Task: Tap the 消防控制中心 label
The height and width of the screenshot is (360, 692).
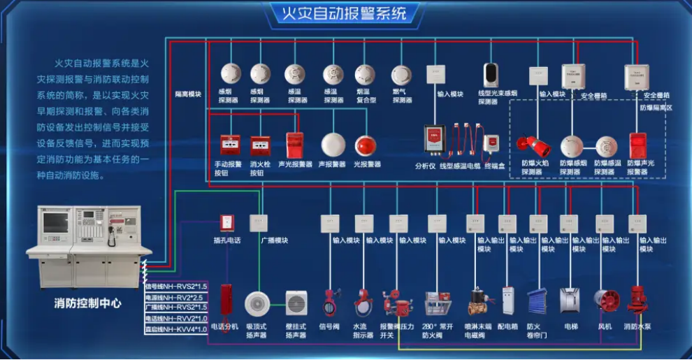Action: tap(87, 303)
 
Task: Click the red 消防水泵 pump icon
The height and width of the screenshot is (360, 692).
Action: tap(636, 300)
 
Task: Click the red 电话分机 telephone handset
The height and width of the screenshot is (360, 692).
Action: tap(226, 300)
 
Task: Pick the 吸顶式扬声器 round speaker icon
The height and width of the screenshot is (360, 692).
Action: tap(257, 303)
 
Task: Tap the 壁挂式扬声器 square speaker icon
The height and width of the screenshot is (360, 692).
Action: tap(296, 303)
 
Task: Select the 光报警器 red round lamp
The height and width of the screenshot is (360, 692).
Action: tap(366, 145)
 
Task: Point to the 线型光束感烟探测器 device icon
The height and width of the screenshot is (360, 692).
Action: tap(492, 75)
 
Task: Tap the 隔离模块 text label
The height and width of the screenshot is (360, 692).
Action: tap(188, 94)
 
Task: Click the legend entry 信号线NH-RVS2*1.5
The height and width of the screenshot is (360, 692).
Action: tap(175, 286)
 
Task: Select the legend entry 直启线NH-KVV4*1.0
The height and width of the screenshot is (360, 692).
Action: tap(175, 329)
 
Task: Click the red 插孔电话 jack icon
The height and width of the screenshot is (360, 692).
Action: tap(226, 223)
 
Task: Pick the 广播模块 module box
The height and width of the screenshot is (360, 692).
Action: tap(259, 223)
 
